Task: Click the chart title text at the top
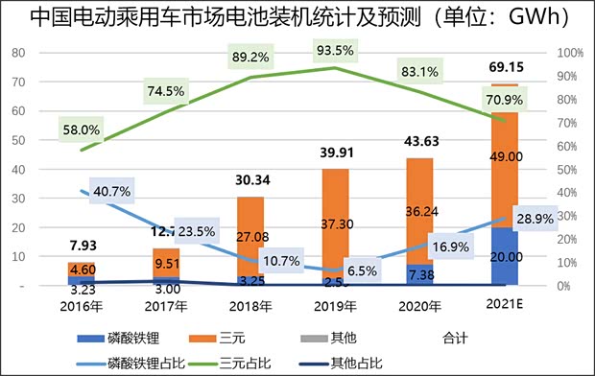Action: (x=298, y=17)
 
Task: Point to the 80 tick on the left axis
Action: (x=17, y=53)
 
